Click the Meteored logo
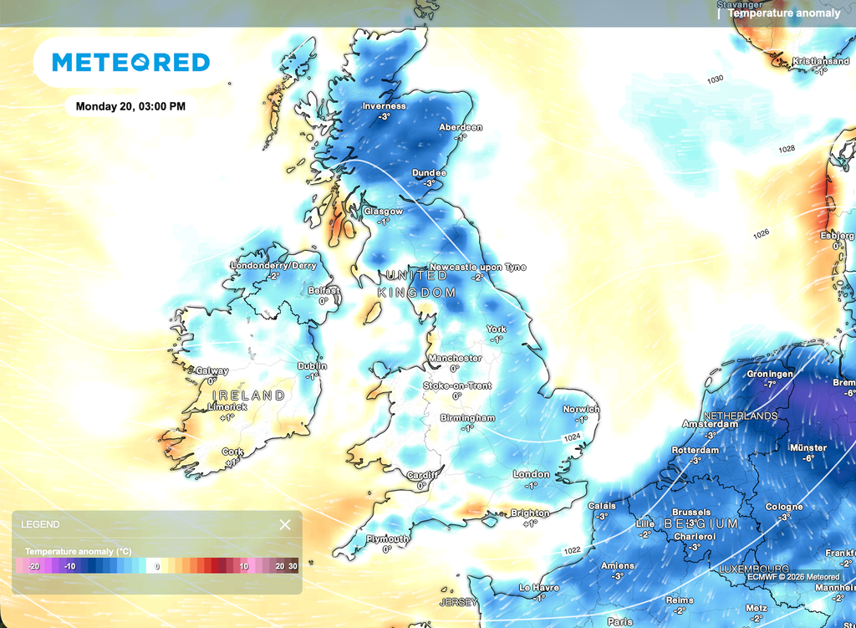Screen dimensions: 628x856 (130, 62)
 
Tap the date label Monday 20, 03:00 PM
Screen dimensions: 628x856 (130, 106)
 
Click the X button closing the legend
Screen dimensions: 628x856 (285, 524)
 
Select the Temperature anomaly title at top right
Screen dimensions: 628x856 (783, 13)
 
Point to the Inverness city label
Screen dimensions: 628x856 (384, 106)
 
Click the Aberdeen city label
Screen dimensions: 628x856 (461, 127)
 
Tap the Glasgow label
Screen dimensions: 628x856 (383, 212)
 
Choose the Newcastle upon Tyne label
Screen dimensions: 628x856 (478, 267)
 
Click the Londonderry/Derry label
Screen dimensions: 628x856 (274, 266)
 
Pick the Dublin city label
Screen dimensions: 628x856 (312, 366)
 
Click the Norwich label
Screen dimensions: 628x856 (581, 409)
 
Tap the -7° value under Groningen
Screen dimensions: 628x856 (769, 385)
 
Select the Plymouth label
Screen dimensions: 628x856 (387, 539)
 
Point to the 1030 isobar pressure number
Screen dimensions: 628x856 (715, 79)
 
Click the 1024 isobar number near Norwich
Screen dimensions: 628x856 (572, 437)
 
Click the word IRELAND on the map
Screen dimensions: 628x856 (248, 396)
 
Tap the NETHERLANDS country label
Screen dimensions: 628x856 (741, 416)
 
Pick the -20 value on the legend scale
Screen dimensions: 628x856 (34, 566)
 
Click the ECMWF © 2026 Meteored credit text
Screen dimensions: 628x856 (793, 576)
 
